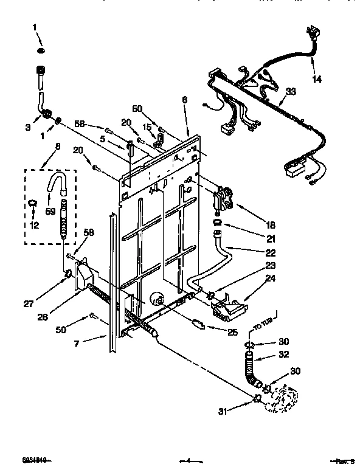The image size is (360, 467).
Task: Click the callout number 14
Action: [317, 79]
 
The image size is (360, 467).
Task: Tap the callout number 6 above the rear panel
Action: [185, 100]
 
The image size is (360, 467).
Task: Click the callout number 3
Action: [28, 126]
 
